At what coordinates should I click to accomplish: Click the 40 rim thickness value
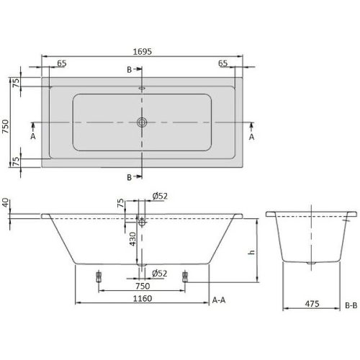[6, 204]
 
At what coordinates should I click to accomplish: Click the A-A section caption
[221, 299]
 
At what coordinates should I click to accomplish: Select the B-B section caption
[351, 305]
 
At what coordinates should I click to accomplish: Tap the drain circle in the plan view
[143, 122]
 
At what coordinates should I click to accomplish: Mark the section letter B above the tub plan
[130, 69]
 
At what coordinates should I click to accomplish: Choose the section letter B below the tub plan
[130, 177]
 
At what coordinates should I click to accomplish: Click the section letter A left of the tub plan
[33, 135]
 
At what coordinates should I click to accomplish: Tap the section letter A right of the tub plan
[252, 135]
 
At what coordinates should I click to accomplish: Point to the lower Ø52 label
[160, 272]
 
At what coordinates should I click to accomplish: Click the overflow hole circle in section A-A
[143, 223]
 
